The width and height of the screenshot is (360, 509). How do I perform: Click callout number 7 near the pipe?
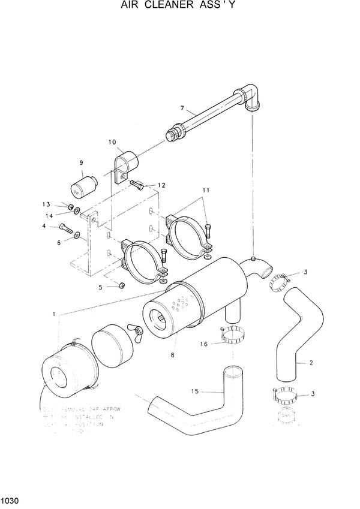coord(182,109)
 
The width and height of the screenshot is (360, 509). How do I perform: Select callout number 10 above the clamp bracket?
coord(112,142)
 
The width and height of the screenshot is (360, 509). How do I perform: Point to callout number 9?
coord(81,162)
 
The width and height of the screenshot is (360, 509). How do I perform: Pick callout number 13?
coord(63,204)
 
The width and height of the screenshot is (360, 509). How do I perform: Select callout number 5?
coord(101,287)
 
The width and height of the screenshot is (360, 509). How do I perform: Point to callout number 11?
coord(206,190)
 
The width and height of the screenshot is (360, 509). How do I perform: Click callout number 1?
coord(55,314)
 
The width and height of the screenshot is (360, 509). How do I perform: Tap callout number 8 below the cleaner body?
coord(173,356)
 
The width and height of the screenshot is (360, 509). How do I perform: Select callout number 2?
coord(311,362)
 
